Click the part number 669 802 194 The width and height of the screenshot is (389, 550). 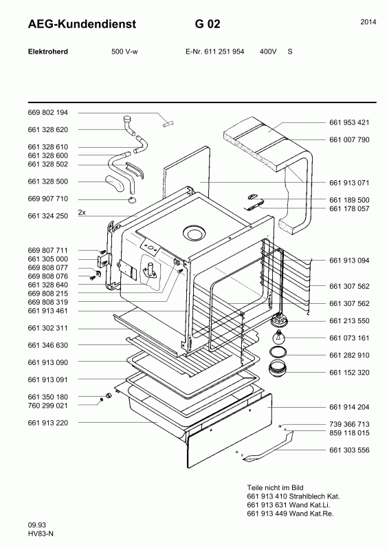tap(47, 113)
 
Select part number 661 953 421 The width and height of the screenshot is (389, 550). tap(349, 122)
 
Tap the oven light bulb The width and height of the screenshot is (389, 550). tap(279, 338)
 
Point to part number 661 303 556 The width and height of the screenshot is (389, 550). tap(349, 450)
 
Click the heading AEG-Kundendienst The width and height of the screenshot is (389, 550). tap(82, 24)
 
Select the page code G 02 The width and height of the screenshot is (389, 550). tap(208, 24)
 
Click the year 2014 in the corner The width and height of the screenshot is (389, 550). tap(368, 22)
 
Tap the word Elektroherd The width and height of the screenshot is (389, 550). tap(47, 52)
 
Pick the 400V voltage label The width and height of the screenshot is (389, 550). tap(268, 52)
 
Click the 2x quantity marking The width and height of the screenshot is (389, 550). tap(82, 212)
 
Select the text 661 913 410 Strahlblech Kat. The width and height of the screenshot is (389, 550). tap(293, 496)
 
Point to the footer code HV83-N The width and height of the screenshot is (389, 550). tap(41, 534)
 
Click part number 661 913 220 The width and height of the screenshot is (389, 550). tap(47, 423)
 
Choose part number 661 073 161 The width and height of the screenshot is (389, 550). tap(349, 338)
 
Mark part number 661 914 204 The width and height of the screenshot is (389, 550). tap(349, 407)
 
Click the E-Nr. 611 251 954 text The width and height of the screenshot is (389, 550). tap(214, 52)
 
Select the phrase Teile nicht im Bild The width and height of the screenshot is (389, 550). tap(275, 487)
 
